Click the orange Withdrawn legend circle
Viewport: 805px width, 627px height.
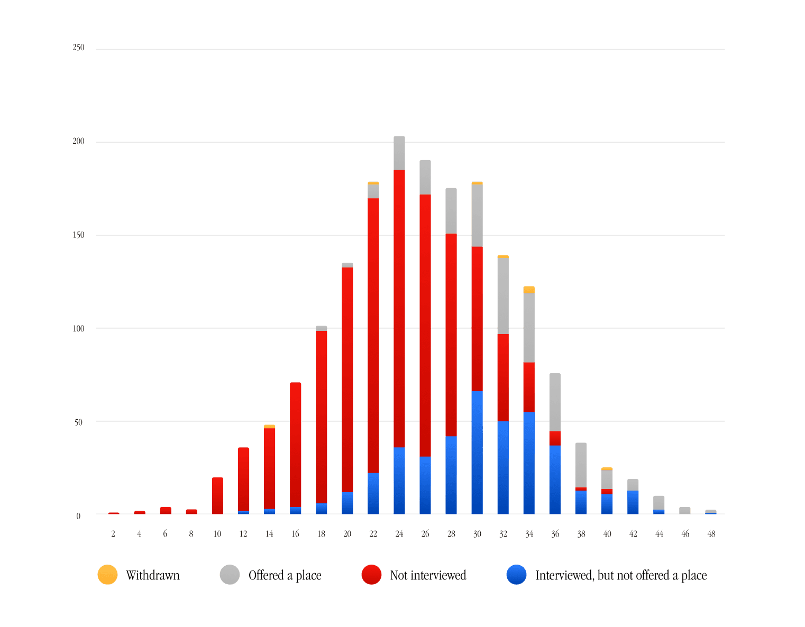[107, 575]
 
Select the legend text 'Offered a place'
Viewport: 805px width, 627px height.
[285, 575]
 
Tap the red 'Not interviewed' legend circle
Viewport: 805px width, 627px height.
[371, 575]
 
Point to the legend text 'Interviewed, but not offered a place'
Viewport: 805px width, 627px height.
[620, 575]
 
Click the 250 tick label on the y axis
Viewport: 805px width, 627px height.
[78, 48]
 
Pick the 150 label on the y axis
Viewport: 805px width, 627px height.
[78, 235]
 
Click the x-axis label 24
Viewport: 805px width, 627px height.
[399, 534]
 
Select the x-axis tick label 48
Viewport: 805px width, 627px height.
[711, 534]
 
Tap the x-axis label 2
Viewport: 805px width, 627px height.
[113, 534]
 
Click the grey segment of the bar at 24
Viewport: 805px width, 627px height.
[399, 153]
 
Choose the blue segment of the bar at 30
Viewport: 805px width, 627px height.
[477, 453]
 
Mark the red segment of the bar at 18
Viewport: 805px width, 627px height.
[322, 417]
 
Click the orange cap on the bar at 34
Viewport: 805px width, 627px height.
[529, 289]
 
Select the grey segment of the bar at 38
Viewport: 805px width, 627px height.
[581, 465]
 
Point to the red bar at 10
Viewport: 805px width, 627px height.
[217, 495]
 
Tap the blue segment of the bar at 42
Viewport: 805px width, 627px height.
[633, 502]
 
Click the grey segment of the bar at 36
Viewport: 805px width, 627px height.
[555, 402]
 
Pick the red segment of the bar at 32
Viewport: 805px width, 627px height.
[503, 377]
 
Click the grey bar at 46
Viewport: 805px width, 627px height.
[685, 510]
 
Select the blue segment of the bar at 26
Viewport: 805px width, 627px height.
[425, 485]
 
